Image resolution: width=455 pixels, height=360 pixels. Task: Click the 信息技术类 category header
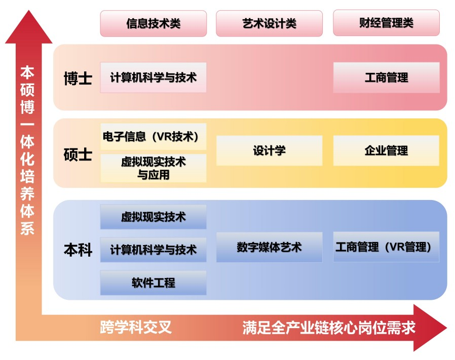tap(153, 23)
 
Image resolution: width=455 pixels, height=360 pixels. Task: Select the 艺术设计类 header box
tap(269, 23)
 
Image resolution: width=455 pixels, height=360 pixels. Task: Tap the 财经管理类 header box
tap(386, 23)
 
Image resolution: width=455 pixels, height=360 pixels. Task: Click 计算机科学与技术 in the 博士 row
tap(153, 77)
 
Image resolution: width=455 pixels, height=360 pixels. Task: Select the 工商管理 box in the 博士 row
tap(386, 77)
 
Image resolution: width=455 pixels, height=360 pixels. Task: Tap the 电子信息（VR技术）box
tap(153, 136)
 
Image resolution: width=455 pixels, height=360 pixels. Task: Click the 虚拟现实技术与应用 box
tap(153, 168)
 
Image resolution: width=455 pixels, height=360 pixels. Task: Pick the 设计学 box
tap(269, 150)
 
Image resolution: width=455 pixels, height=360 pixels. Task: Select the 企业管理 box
tap(386, 150)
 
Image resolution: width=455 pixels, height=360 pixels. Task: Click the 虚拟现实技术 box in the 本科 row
tap(153, 217)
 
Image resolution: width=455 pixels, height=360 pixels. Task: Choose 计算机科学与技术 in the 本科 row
tap(153, 250)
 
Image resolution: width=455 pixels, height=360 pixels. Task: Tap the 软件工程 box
tap(153, 283)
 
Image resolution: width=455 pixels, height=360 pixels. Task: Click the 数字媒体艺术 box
tap(269, 247)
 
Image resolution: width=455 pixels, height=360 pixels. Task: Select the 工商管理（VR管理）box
tap(386, 247)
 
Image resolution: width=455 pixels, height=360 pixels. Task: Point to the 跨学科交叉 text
tap(136, 328)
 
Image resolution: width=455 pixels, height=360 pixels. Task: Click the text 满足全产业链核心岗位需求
tap(329, 328)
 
